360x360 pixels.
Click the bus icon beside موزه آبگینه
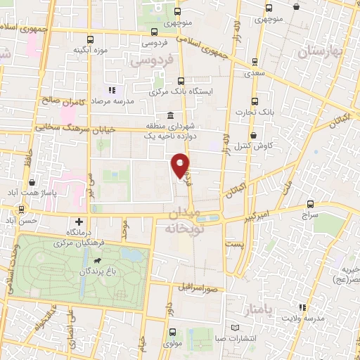click(x=89, y=40)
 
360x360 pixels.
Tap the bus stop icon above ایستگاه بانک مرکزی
click(x=181, y=80)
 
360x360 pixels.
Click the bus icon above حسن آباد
click(x=22, y=209)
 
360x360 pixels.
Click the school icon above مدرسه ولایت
click(x=302, y=307)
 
